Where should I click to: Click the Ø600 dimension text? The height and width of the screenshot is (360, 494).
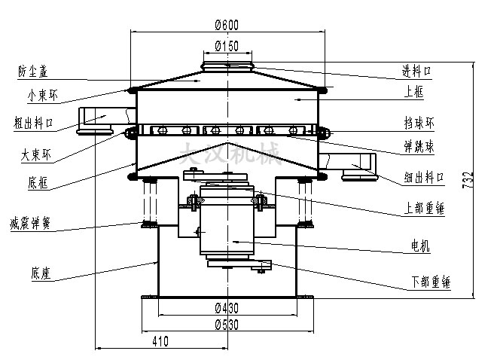point(227,24)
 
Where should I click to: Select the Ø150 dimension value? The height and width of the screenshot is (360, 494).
point(227,46)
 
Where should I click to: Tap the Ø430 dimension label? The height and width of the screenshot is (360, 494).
point(226,307)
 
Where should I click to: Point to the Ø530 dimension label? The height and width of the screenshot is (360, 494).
point(226,325)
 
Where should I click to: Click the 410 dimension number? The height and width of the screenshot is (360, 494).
point(160,341)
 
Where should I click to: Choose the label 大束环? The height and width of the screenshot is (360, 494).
point(37,156)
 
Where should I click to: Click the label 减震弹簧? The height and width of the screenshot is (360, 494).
point(30,222)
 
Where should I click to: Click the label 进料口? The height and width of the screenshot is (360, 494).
point(416,72)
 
